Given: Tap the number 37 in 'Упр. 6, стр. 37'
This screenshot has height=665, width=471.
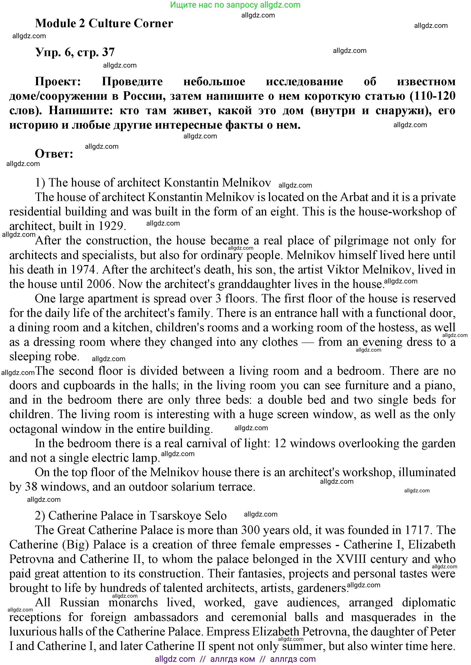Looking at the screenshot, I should point(108,52).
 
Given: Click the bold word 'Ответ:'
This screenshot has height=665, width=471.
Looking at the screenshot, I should point(54,154).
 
